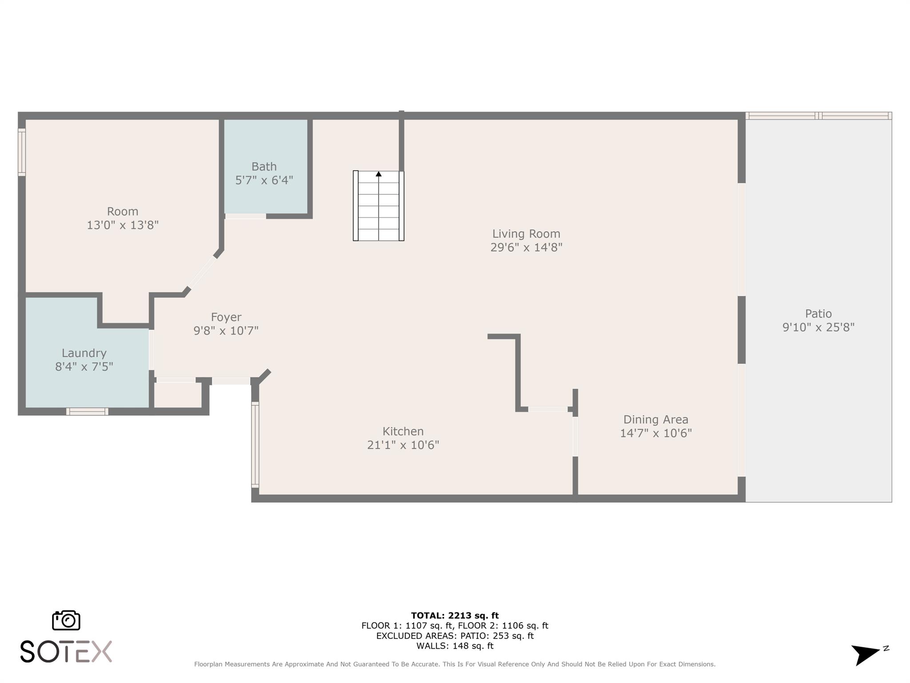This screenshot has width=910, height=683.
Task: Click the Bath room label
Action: (264, 167)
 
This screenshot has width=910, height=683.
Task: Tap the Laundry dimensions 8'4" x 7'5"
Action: (84, 367)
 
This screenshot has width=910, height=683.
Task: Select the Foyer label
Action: (226, 317)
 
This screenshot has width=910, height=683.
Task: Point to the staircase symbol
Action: (379, 206)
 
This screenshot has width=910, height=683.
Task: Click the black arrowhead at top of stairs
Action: (379, 174)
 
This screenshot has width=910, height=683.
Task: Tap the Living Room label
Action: (526, 234)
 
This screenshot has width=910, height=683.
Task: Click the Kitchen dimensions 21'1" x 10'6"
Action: (403, 445)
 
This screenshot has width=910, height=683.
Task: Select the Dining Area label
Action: (655, 420)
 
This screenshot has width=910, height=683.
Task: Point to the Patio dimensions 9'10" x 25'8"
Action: (818, 327)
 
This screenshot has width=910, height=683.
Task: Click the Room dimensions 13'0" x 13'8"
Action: (123, 225)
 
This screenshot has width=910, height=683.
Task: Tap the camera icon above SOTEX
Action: (66, 620)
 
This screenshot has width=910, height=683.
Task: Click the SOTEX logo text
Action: (66, 652)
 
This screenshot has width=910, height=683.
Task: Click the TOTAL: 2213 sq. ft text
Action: (455, 615)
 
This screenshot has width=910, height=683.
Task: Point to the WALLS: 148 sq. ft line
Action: (455, 646)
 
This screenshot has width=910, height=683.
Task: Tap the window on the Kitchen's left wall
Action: (255, 445)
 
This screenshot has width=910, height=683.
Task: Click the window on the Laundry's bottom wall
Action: (87, 412)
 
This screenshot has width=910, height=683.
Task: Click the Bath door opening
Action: (245, 217)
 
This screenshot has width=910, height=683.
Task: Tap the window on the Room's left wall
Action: (21, 152)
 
